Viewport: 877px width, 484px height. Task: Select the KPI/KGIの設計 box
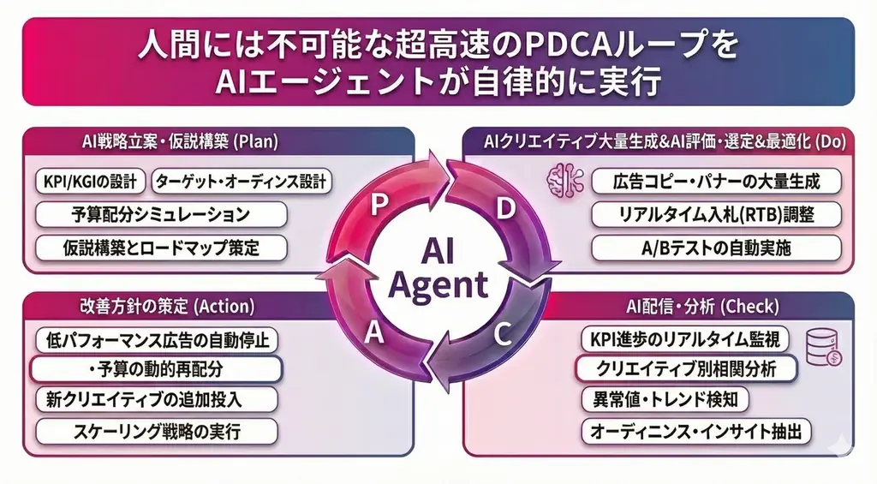coord(91,182)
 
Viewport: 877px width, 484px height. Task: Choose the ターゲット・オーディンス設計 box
coord(241,182)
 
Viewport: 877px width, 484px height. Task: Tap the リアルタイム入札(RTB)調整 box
coord(716,214)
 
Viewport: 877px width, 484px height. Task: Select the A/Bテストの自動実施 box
coord(716,248)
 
